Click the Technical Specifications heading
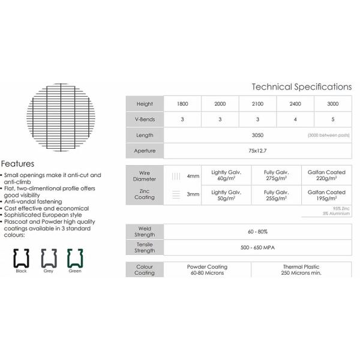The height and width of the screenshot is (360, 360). pos(301,87)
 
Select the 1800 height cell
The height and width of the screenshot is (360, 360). pos(182,103)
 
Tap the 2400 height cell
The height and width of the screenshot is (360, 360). pos(295,103)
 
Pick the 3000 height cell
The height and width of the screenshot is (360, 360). pos(332,103)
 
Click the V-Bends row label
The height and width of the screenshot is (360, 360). pos(145,119)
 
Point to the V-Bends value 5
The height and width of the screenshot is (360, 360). pos(332,119)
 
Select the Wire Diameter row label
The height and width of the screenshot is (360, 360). pos(145,175)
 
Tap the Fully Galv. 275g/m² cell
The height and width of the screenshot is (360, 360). pos(274,175)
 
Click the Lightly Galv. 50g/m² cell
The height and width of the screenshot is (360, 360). pos(227,194)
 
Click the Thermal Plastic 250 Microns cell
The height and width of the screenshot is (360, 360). pos(301,269)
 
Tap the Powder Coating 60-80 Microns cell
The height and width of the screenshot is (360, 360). pos(205,269)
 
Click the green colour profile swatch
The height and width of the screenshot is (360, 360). pos(74,257)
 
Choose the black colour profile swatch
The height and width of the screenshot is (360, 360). pos(22,257)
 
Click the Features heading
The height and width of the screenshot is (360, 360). pos(17,163)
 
